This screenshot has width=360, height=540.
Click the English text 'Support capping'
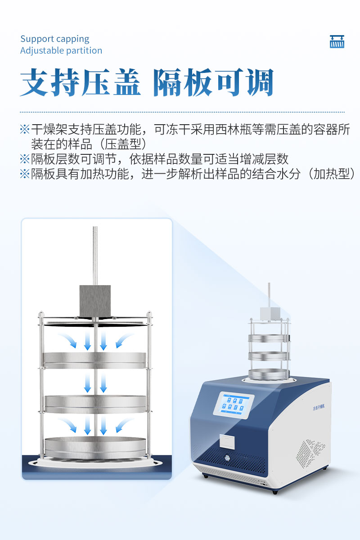[x=55, y=39]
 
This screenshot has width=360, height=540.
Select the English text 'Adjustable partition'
[x=61, y=50]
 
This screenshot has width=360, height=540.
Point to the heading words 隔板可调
[x=213, y=83]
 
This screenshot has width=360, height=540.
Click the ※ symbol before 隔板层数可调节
[x=24, y=159]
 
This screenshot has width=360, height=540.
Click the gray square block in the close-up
[x=95, y=301]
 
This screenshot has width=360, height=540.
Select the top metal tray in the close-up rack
[x=94, y=358]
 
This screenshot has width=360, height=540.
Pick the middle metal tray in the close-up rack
[x=95, y=403]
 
